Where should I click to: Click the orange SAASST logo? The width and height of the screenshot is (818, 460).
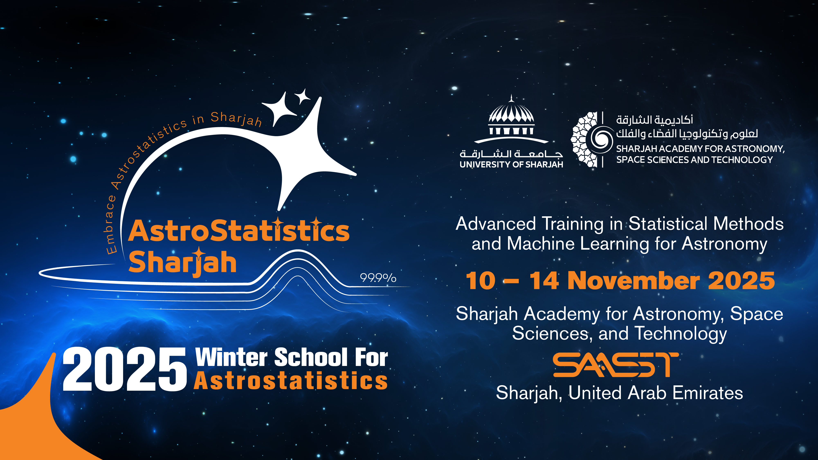pyautogui.click(x=615, y=365)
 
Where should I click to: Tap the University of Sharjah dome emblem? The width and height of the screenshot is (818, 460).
pyautogui.click(x=511, y=119)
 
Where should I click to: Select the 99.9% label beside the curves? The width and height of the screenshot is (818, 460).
pyautogui.click(x=378, y=278)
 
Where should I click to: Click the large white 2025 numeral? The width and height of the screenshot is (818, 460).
pyautogui.click(x=125, y=369)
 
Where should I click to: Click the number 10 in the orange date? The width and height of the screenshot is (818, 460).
pyautogui.click(x=480, y=281)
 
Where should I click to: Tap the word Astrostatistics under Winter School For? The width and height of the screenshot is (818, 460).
pyautogui.click(x=291, y=381)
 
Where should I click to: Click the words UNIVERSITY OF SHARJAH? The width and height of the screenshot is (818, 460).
pyautogui.click(x=511, y=164)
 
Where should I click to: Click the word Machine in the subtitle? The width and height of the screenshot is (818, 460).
pyautogui.click(x=541, y=244)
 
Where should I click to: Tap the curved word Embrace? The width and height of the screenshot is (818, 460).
pyautogui.click(x=110, y=225)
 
